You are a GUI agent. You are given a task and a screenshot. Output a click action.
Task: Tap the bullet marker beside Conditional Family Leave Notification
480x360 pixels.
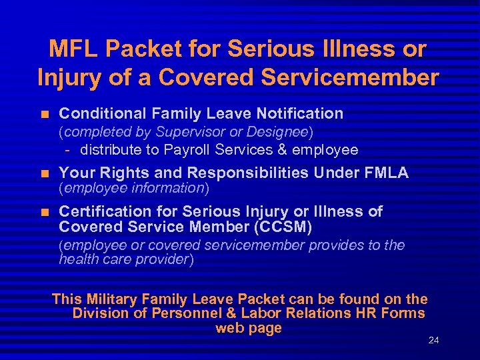tap(45, 113)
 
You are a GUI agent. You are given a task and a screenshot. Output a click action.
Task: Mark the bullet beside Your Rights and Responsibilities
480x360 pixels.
tap(45, 173)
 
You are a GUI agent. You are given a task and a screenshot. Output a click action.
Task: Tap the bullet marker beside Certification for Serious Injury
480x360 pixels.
tap(45, 212)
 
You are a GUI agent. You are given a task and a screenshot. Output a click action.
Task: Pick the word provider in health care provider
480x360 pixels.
tap(163, 259)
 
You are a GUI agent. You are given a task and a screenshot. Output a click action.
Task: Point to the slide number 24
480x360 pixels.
tap(433, 340)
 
